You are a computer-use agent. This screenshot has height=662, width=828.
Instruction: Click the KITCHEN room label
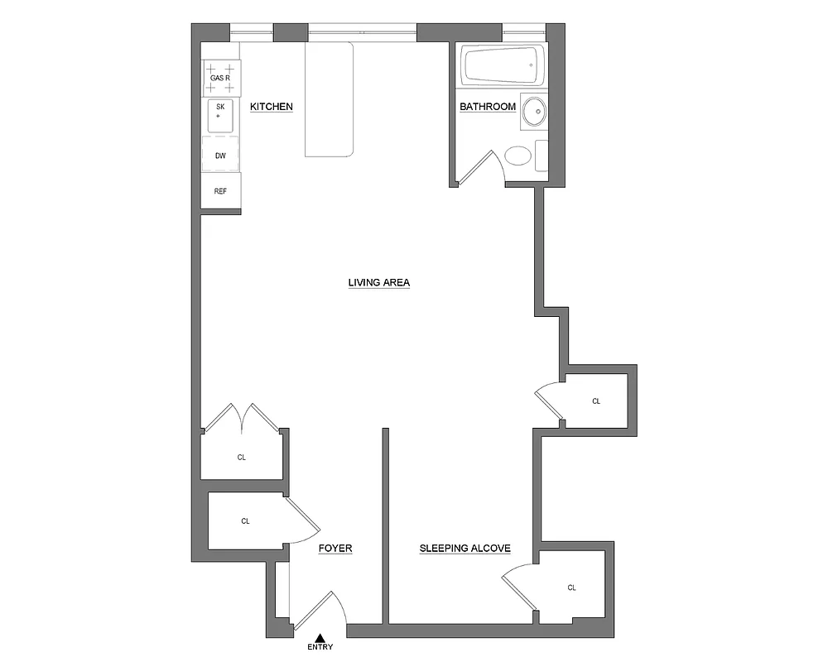click(x=272, y=107)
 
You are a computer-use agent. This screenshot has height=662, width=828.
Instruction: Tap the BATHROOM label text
click(x=488, y=107)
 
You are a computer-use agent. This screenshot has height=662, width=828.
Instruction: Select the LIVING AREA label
click(x=379, y=283)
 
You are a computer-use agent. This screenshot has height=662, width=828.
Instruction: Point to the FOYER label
click(x=335, y=548)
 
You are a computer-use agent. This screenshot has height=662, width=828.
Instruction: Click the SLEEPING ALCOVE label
click(x=465, y=548)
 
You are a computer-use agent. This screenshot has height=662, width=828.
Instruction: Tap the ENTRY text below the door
click(x=320, y=647)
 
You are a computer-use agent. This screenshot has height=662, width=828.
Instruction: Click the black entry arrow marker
click(x=320, y=636)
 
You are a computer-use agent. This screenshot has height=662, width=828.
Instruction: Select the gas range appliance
click(x=221, y=77)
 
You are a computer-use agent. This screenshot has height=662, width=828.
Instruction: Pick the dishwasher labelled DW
click(x=221, y=155)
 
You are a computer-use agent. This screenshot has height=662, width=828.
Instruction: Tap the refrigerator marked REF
click(x=221, y=191)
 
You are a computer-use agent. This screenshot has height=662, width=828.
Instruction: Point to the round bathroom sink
click(x=535, y=111)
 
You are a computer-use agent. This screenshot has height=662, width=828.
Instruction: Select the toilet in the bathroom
click(x=519, y=156)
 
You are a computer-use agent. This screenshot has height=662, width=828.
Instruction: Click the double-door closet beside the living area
click(x=242, y=455)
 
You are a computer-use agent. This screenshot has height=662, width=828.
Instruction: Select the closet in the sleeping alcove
click(x=571, y=587)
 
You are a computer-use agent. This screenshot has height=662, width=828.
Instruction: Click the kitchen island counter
click(x=330, y=99)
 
